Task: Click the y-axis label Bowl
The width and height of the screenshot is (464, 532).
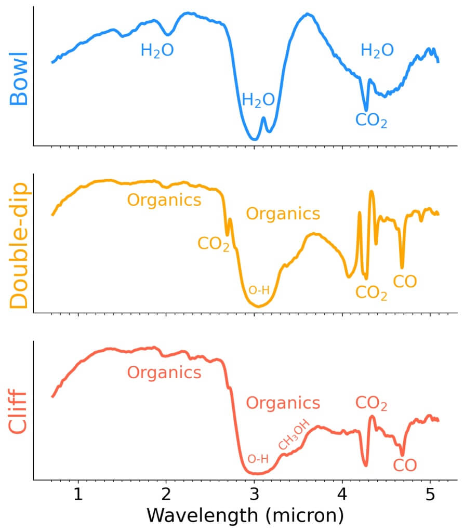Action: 19,78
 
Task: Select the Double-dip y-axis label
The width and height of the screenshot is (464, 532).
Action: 19,243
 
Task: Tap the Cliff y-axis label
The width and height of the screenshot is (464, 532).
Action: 19,410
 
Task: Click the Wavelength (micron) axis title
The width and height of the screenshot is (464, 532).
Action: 245,515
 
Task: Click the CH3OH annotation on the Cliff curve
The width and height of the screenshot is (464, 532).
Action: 294,435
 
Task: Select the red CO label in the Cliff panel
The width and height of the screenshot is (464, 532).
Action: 405,465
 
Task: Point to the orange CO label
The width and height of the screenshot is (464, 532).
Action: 405,282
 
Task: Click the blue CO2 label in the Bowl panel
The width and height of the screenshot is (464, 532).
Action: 371,121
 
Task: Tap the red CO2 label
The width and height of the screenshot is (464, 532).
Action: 371,403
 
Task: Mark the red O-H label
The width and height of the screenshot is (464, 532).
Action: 258,459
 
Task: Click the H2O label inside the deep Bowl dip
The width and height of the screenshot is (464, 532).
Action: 258,100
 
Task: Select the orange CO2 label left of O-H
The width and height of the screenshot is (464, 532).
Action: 213,243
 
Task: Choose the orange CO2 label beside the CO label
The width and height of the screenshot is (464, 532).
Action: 371,292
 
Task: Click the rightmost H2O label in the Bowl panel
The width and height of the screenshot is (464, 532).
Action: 377,50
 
